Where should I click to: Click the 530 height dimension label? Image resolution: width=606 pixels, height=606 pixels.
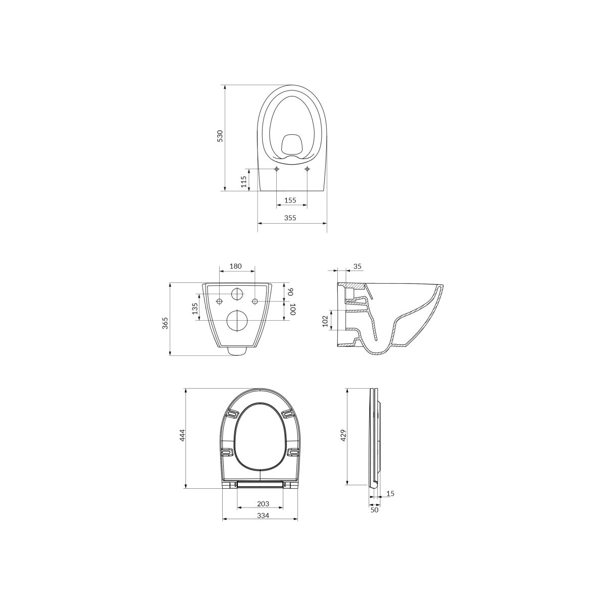coord(220,136)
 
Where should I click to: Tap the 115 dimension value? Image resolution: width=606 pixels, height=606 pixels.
coord(243,182)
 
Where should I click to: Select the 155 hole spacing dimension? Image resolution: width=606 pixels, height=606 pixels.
coord(290,200)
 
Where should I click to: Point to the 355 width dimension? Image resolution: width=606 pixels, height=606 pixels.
coord(290,218)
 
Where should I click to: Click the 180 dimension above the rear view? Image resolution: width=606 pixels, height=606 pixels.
coord(235,266)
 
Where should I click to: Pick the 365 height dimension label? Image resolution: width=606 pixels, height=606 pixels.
coord(165,323)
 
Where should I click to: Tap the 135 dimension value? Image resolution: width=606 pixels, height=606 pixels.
coord(195,309)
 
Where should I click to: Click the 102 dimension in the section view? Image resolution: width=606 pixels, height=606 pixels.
coord(325,321)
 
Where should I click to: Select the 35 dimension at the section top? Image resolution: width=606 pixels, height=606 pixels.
coord(358,267)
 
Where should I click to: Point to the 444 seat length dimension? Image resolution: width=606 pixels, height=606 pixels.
coord(183,435)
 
